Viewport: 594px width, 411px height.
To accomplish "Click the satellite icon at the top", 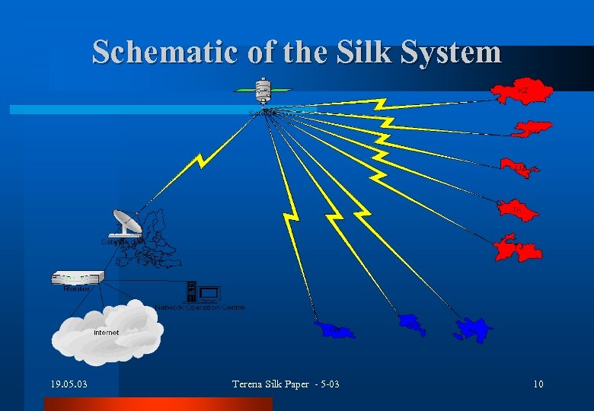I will [x=263, y=91].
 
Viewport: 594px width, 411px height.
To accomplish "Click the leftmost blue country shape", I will [x=334, y=330].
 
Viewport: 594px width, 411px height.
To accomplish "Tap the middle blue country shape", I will [x=412, y=323].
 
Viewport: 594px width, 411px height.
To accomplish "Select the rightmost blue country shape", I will [x=473, y=330].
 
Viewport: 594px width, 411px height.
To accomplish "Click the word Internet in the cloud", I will [x=106, y=333].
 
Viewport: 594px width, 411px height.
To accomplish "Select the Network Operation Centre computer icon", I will [x=203, y=292].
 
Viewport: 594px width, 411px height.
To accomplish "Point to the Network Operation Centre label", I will [x=200, y=307].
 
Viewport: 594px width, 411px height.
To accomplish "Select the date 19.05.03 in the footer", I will [x=65, y=384].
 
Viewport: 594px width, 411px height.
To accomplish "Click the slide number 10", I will [x=538, y=384].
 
